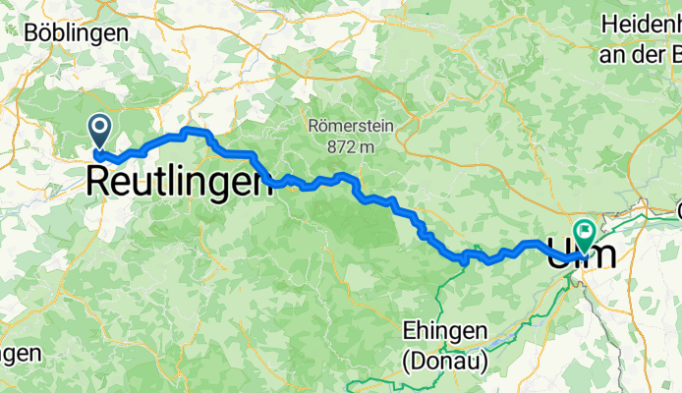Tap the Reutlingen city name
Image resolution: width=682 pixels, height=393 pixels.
(179, 181)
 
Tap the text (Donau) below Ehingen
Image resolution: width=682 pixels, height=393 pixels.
(444, 361)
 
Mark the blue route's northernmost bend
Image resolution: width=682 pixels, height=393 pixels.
(193, 131)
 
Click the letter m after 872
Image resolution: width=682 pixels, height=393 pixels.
(368, 146)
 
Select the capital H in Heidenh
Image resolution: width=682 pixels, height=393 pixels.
(608, 24)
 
